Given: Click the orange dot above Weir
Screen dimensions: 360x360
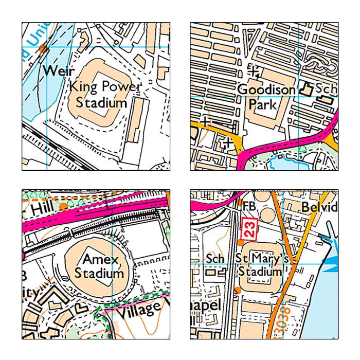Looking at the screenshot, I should [43, 49].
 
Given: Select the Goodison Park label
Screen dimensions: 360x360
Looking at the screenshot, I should [265, 97].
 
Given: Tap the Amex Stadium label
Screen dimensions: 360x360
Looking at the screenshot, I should [100, 265].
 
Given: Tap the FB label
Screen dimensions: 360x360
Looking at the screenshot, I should [249, 204].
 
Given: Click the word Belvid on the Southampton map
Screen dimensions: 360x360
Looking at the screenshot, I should [319, 207].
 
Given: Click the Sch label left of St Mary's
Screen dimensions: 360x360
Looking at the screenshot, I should [215, 258].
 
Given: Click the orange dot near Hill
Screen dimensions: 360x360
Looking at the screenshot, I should [63, 206].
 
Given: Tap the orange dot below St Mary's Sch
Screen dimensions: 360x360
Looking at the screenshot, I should [237, 291].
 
